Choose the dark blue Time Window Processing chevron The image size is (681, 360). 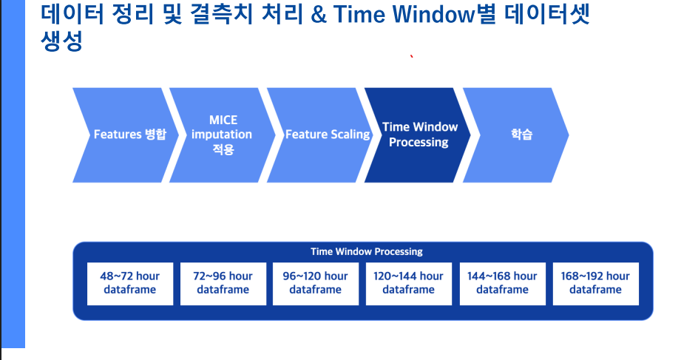pos(419,135)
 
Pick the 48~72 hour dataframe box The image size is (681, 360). pos(129,283)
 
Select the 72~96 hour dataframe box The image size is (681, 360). pos(223,283)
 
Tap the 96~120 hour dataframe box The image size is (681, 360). pos(315,283)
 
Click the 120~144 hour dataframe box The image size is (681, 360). pos(408,283)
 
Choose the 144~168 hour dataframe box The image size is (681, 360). pos(502,283)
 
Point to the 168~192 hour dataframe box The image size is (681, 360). pos(595,283)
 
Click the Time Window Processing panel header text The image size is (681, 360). pos(367,251)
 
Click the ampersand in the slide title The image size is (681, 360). pos(319,16)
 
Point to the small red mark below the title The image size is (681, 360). pos(411,57)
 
